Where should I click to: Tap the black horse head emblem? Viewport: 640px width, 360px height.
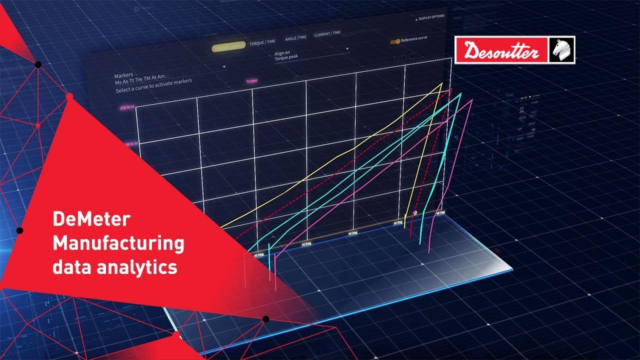(562, 50)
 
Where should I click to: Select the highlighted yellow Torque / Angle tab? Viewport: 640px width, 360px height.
(229, 46)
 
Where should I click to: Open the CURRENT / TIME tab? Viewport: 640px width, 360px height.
(327, 34)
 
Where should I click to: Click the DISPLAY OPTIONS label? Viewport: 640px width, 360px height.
(431, 17)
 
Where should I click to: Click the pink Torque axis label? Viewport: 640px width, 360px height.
(251, 80)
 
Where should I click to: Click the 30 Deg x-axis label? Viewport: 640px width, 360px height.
(306, 244)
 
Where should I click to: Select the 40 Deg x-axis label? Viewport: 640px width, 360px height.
(353, 233)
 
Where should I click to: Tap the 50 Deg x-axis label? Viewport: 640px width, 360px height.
(398, 222)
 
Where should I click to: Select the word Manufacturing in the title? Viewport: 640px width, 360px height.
(118, 244)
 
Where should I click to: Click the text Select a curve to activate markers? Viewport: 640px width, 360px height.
(153, 85)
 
